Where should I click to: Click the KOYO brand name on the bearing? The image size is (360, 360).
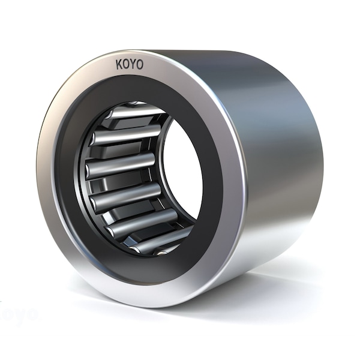tap(129, 64)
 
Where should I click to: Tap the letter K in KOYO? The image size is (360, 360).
tap(119, 64)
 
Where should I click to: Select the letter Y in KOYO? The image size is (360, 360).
tap(133, 64)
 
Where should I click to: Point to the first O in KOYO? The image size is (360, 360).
tap(125, 64)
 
